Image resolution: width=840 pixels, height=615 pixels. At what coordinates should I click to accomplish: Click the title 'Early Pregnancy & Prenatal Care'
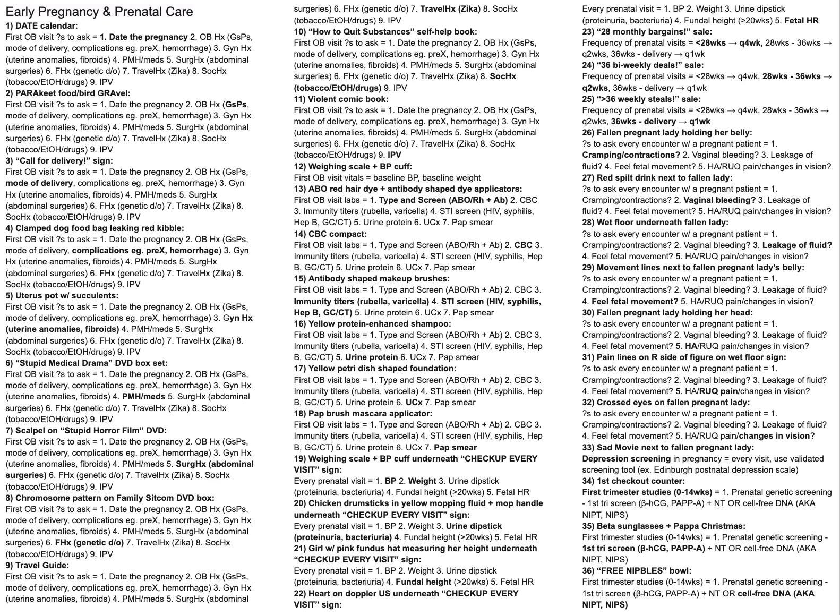click(x=99, y=12)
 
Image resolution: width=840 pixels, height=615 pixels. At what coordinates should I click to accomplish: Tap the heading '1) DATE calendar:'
click(x=41, y=25)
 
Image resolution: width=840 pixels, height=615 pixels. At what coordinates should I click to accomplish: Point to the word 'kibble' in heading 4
click(x=169, y=228)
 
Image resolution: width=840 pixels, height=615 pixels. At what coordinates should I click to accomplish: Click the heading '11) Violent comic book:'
click(x=341, y=99)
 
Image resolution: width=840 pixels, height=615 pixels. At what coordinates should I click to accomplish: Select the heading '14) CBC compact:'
click(x=330, y=234)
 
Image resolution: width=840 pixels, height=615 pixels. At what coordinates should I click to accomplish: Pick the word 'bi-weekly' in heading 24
click(x=628, y=65)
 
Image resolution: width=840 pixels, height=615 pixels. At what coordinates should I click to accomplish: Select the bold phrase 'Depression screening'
click(x=626, y=458)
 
